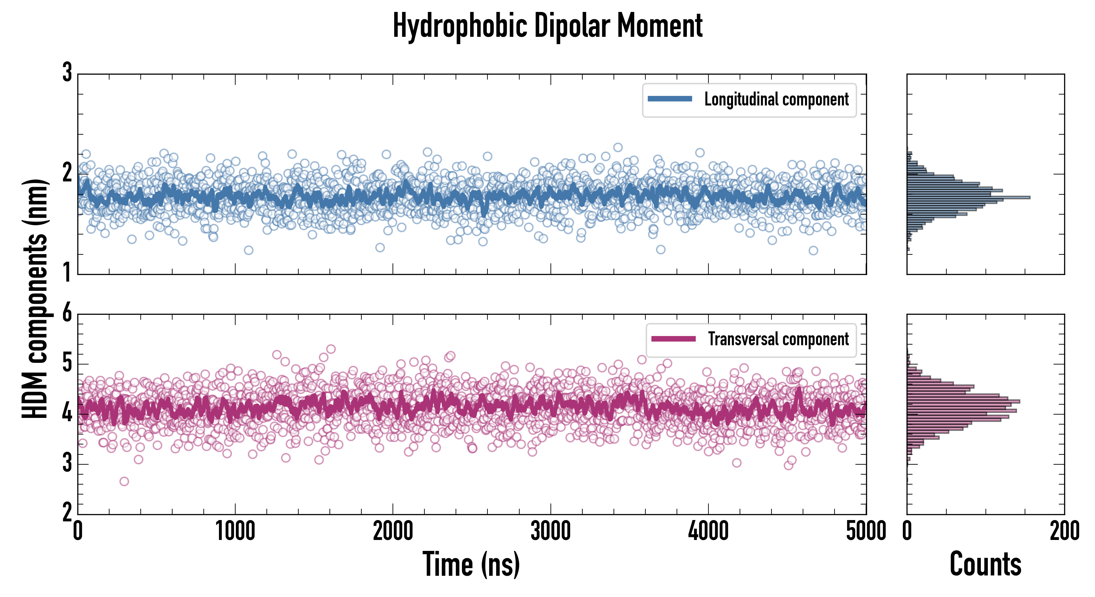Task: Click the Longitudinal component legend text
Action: (776, 99)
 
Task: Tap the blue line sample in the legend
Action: (670, 99)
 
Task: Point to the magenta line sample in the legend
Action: (673, 339)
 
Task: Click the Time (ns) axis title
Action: (471, 564)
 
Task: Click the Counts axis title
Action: (985, 564)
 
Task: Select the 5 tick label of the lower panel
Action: (67, 363)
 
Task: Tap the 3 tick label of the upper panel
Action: (67, 73)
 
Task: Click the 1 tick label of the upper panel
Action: (67, 272)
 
